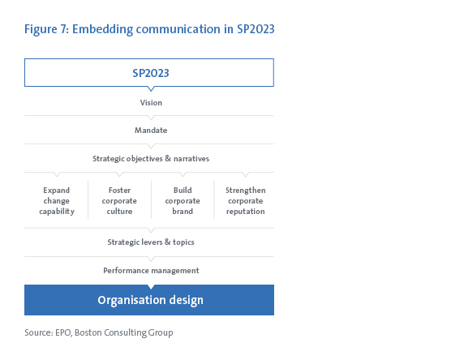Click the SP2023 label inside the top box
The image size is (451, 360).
point(151,73)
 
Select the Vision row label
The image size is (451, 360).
point(151,103)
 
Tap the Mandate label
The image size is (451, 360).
point(151,131)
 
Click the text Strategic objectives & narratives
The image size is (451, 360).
point(151,159)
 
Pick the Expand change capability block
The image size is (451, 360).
point(57,201)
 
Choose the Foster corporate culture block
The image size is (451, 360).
point(119,201)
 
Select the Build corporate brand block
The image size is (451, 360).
point(183,201)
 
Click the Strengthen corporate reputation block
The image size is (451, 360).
point(245,201)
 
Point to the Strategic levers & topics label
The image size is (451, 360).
point(151,242)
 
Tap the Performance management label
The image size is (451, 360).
point(151,271)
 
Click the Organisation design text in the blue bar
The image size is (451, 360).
point(150,300)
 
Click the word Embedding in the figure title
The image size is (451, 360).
point(102,29)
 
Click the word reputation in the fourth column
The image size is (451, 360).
point(245,212)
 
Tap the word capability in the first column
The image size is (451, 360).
point(57,212)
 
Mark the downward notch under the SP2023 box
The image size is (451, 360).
point(151,89)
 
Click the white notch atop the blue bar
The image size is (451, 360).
point(151,287)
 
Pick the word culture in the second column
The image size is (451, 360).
point(119,212)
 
